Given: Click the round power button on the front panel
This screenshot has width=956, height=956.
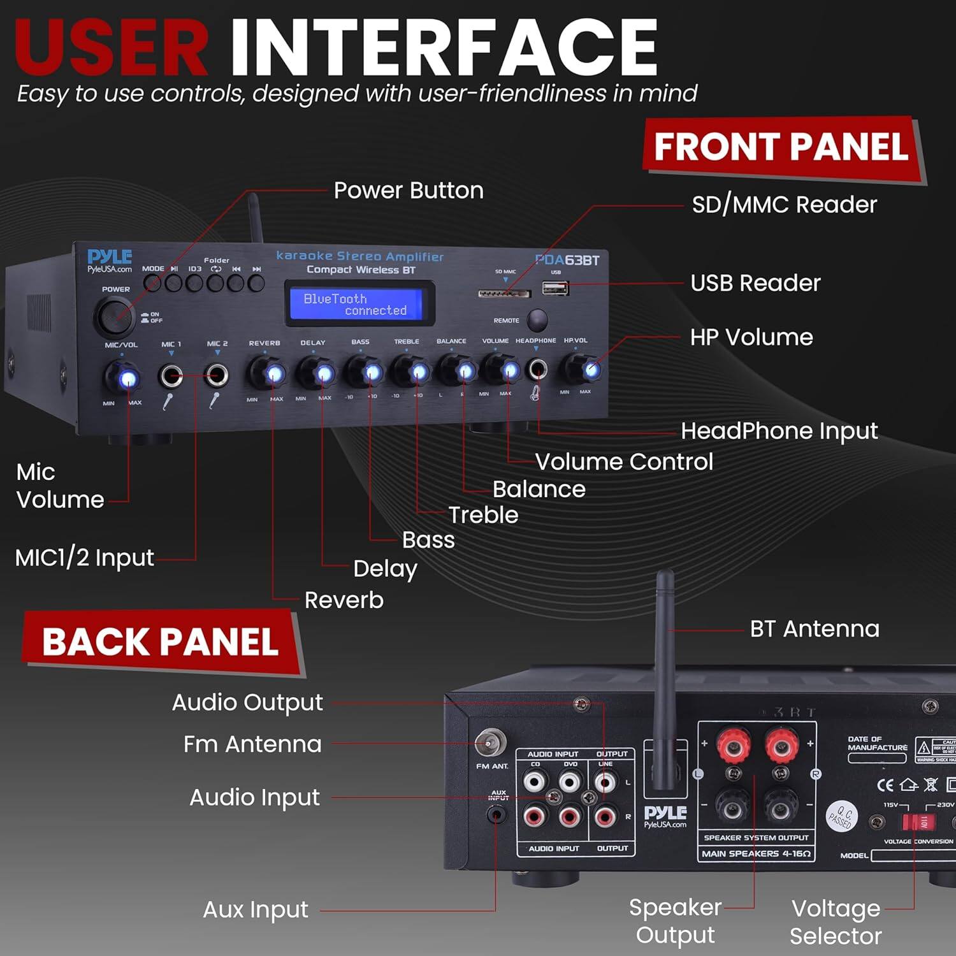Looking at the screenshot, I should pos(114,315).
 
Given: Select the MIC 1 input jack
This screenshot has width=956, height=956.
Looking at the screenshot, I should pos(171,376).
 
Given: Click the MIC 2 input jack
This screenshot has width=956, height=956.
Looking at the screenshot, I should pos(217,375).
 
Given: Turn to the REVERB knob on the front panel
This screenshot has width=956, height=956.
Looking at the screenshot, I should pos(267,373).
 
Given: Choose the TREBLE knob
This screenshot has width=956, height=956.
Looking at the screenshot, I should pos(410,371).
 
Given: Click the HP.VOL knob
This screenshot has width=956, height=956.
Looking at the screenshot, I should pos(582,368).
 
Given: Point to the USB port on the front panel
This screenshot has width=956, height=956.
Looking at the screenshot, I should pos(555,288).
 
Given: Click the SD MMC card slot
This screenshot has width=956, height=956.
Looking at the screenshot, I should pos(504,294).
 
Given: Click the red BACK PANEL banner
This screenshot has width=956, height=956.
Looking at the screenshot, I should pos(161,642).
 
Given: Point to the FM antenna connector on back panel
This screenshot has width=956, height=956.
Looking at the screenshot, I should pos(490,742).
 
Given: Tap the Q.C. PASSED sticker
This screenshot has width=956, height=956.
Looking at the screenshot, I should pos(842,816).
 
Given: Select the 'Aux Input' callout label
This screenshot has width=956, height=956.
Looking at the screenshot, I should pos(256,909).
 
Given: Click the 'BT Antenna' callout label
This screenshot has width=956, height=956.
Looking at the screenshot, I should pos(815,629).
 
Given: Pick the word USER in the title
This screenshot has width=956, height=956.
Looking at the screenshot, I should pos(112,48).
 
